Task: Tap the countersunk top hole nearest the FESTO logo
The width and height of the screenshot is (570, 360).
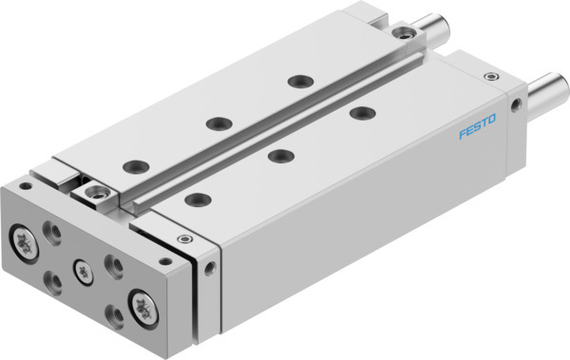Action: pos(361,113)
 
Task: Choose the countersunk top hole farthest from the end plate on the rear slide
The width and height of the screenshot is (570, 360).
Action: pos(301,82)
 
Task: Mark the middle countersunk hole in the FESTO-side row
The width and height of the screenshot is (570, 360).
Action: pos(277,155)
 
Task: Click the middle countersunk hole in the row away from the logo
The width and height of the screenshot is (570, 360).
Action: pos(218,123)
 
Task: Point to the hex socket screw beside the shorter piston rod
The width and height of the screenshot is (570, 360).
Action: pos(406,34)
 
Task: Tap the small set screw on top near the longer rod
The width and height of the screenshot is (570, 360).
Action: pos(491,76)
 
